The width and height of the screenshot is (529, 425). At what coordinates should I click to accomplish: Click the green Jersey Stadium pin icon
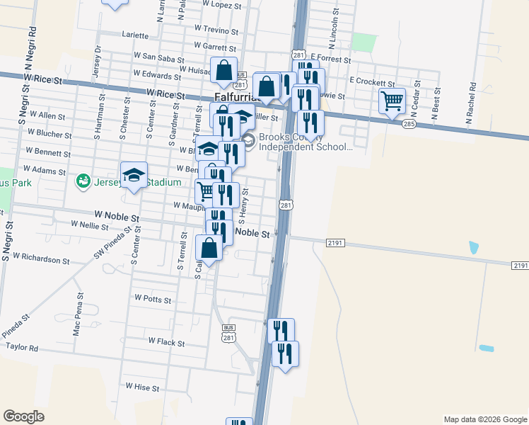83,182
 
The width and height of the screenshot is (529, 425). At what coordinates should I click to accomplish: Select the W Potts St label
153,300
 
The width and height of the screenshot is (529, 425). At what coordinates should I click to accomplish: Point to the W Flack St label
166,342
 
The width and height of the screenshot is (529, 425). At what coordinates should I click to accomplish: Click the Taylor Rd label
22,348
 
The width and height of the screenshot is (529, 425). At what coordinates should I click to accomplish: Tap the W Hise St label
142,386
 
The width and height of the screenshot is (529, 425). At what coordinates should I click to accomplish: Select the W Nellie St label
90,227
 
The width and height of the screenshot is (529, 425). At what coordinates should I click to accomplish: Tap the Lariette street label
136,35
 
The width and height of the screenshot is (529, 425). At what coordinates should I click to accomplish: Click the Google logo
24,416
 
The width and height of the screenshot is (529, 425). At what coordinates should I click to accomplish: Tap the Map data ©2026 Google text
485,419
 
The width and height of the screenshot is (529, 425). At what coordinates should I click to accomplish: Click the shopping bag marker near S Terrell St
209,249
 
